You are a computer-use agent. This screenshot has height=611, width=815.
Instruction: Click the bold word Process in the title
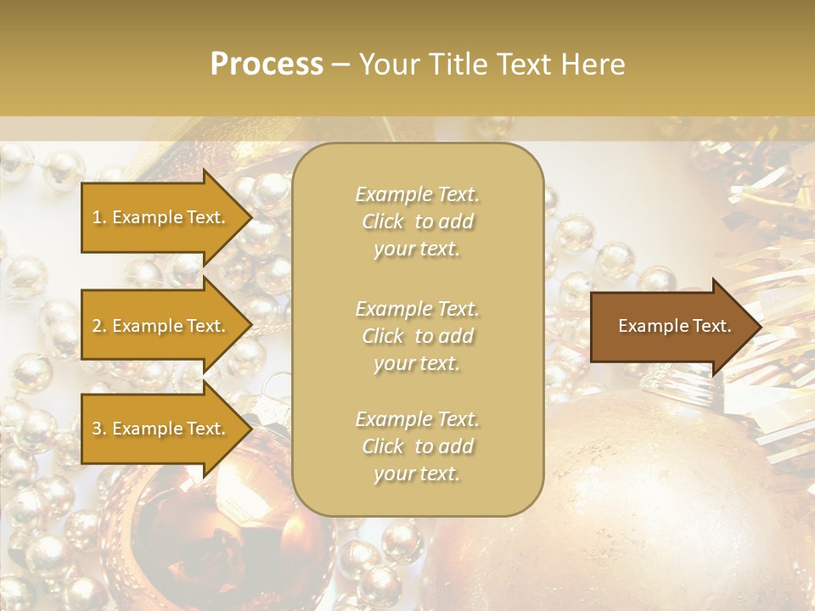(x=267, y=64)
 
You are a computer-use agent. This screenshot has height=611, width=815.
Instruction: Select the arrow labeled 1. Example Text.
(x=161, y=217)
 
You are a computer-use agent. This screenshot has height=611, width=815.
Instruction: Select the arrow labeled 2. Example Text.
(x=161, y=326)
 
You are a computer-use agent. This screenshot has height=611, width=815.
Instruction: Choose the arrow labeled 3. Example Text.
(x=161, y=429)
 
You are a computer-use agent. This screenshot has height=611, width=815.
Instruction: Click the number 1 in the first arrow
(x=96, y=217)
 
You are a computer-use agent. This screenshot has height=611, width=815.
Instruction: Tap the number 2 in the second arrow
(x=97, y=326)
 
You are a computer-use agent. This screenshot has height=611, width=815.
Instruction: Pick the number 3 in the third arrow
(x=97, y=429)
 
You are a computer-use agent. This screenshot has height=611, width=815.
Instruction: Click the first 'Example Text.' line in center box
(x=417, y=194)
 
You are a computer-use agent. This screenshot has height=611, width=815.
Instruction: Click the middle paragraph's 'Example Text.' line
(x=417, y=309)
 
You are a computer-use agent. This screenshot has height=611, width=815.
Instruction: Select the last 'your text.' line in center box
(x=417, y=474)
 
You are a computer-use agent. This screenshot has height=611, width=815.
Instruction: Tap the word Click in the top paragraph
(x=383, y=221)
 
